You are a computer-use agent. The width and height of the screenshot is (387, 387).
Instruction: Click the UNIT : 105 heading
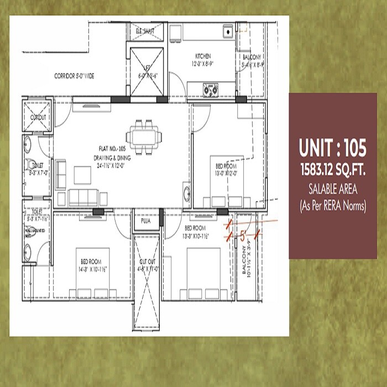332,148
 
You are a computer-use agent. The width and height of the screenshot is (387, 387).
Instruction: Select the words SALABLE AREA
332,190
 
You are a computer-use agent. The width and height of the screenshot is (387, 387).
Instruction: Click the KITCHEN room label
203,56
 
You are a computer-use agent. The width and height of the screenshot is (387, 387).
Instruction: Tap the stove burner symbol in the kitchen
210,87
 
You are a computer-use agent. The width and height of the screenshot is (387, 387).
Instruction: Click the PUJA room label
146,221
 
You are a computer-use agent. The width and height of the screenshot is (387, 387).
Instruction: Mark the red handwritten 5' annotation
241,233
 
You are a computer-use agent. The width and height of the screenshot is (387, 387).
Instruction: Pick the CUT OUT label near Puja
147,266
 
